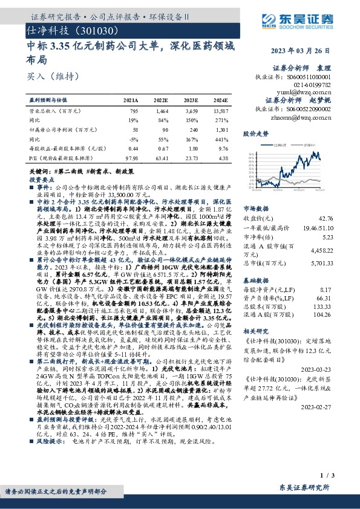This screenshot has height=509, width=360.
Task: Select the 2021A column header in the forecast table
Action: pyautogui.click(x=131, y=102)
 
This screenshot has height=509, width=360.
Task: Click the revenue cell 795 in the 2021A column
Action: pyautogui.click(x=134, y=111)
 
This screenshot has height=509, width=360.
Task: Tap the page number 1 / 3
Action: pyautogui.click(x=341, y=476)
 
